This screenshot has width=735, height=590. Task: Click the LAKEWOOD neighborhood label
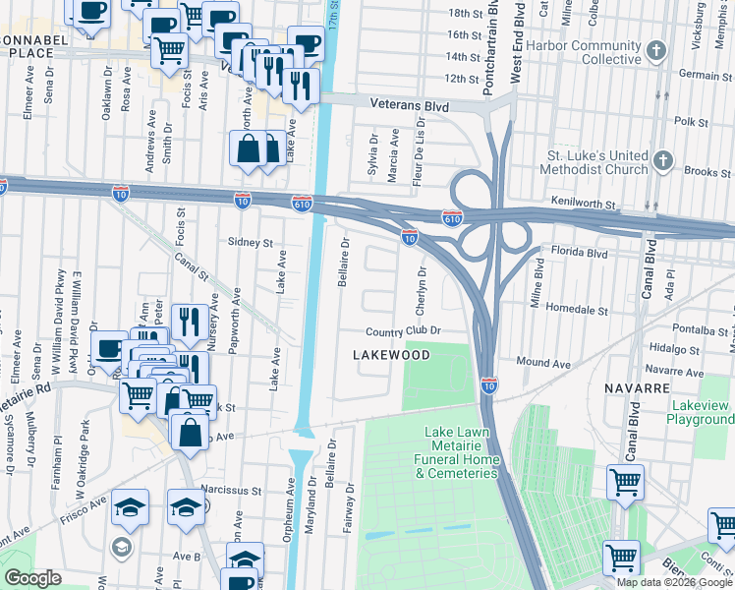click(x=391, y=354)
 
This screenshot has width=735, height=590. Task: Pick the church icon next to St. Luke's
click(x=664, y=160)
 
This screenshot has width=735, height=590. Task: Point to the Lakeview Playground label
click(x=702, y=412)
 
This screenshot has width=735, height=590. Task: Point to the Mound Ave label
click(x=542, y=363)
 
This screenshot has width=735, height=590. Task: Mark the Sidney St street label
click(x=249, y=242)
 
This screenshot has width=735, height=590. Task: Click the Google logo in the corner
click(x=32, y=578)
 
